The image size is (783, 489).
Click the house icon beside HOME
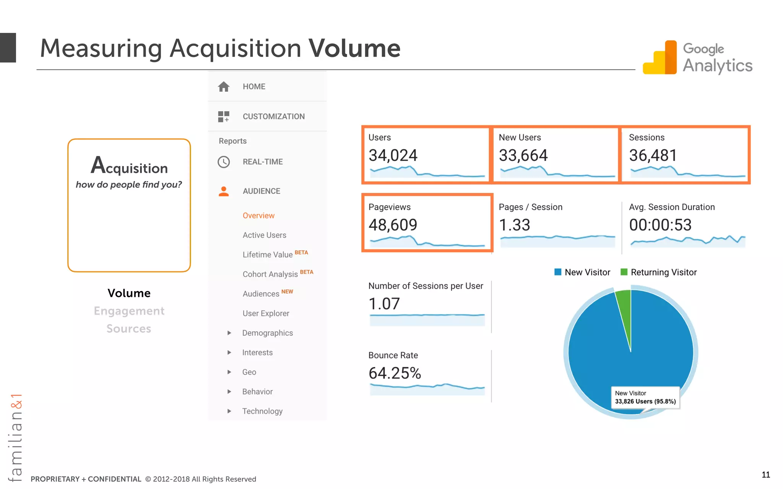coord(224,87)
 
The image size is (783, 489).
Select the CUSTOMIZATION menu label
coord(273,117)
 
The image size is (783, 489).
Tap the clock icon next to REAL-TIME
coord(224,162)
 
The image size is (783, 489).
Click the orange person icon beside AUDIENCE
coord(224,191)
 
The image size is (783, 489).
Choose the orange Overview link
coord(258,215)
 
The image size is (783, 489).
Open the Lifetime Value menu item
coord(267,254)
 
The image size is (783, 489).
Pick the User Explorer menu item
coord(266,313)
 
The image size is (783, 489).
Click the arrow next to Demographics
coord(229,333)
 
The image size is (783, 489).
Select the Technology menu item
coord(262,411)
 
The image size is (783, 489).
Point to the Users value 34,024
coord(393,155)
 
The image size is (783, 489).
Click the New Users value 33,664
coord(523,155)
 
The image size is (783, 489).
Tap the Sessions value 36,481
coord(653,155)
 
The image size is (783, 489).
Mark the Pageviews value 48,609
coord(393,225)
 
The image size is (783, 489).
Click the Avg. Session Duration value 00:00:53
coord(660,225)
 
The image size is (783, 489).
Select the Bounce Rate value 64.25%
coord(395,373)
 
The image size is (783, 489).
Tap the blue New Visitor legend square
coord(558,272)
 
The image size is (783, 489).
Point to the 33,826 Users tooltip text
coord(645,401)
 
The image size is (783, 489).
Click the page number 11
coord(766,474)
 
